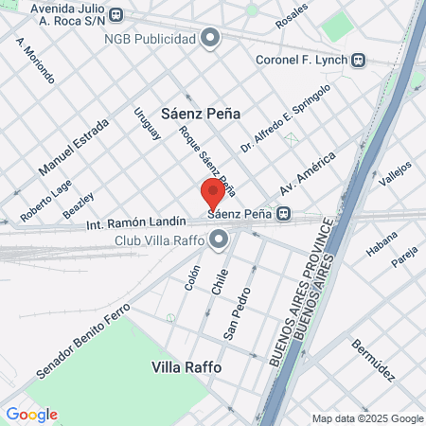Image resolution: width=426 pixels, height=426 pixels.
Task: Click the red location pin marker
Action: [x=213, y=193]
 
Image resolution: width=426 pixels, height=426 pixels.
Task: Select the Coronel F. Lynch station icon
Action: [x=359, y=60]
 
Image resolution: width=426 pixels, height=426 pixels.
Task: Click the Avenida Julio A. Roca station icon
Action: [x=115, y=15]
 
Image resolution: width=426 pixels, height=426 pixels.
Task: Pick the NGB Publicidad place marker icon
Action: [x=211, y=39]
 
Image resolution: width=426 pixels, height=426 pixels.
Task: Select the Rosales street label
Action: [x=291, y=14]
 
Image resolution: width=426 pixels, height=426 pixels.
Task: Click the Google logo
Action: [x=31, y=414]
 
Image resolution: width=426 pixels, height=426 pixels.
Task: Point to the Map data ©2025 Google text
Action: [x=368, y=418]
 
